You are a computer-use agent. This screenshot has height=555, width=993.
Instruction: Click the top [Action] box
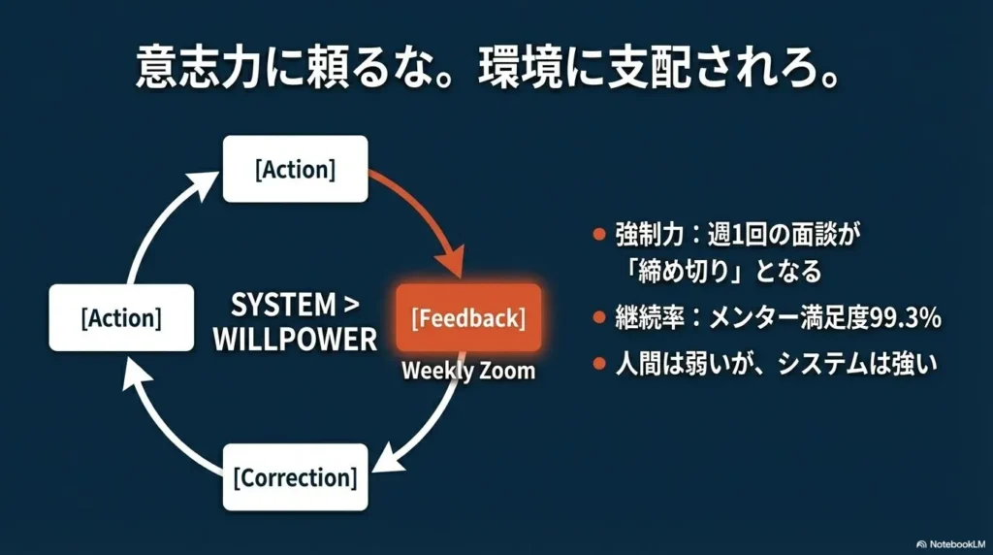pos(295,169)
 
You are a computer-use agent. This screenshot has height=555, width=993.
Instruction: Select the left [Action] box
pos(121,317)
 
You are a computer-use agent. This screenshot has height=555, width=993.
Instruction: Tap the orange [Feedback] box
pos(468,317)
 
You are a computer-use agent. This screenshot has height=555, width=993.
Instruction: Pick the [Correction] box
pos(295,477)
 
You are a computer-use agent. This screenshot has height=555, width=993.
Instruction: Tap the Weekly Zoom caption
pos(468,370)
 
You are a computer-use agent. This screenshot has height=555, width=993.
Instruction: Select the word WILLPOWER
pos(295,340)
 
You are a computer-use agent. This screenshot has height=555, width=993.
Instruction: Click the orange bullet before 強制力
pos(599,236)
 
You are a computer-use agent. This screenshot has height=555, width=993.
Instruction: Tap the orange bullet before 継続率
pos(599,317)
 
